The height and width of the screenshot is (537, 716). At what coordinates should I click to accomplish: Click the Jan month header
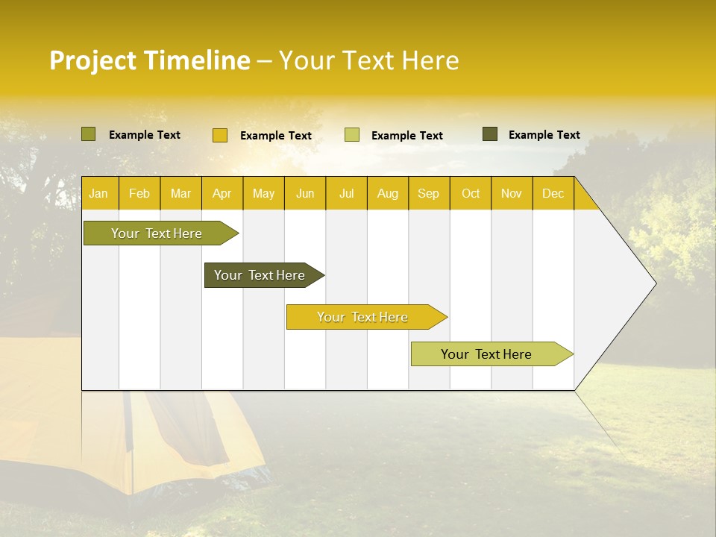point(99,193)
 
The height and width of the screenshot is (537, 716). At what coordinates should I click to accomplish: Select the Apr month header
point(222,193)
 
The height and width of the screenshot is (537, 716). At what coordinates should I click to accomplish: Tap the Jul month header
point(346,193)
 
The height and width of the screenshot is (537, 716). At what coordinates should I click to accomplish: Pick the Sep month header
point(428,193)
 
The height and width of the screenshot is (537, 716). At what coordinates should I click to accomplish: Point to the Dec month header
point(553,193)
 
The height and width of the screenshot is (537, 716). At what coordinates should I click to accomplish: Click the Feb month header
point(139,193)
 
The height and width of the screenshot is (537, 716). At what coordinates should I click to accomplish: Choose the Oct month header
point(470,193)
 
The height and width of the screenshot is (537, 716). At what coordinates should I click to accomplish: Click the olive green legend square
point(89,134)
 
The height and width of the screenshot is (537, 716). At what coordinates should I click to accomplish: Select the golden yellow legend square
point(220,135)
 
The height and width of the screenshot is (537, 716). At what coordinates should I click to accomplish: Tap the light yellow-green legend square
point(352,135)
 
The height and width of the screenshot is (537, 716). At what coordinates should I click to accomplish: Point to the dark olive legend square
point(490,134)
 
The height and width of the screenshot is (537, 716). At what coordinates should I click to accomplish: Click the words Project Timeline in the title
point(149,60)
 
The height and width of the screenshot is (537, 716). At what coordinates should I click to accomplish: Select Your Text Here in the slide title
point(368,60)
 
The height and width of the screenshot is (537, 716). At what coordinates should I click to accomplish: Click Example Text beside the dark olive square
point(544,135)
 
